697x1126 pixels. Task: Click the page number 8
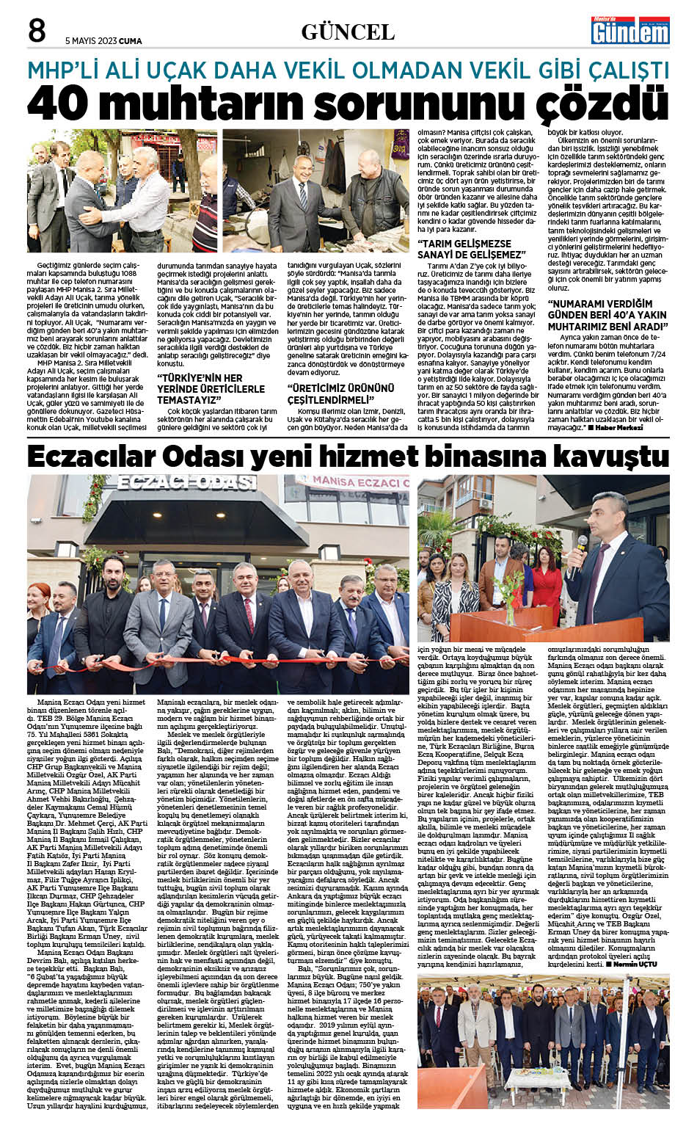pyautogui.click(x=37, y=31)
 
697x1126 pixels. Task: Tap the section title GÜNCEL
pyautogui.click(x=348, y=32)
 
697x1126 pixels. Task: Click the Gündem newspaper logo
pyautogui.click(x=631, y=31)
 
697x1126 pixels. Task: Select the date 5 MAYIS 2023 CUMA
pyautogui.click(x=103, y=41)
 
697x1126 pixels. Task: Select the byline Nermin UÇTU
pyautogui.click(x=640, y=962)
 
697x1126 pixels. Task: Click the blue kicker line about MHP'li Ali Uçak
pyautogui.click(x=348, y=70)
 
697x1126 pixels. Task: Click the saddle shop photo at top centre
pyautogui.click(x=326, y=192)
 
